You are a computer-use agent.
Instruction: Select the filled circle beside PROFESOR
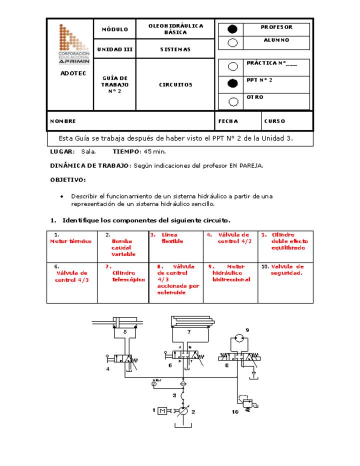(x=232, y=29)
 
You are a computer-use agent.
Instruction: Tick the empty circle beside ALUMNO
(x=232, y=42)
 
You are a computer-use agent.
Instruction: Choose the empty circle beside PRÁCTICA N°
(x=232, y=66)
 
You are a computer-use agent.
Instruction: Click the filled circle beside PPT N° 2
(x=232, y=83)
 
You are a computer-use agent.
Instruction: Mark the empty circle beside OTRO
(x=232, y=101)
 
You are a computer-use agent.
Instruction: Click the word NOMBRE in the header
(x=63, y=121)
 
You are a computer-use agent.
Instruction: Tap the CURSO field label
(x=275, y=121)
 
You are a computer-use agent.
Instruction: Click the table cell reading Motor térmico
(x=71, y=241)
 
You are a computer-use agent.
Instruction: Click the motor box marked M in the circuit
(x=162, y=411)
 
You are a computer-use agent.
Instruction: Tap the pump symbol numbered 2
(x=182, y=411)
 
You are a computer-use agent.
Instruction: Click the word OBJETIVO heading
(x=67, y=179)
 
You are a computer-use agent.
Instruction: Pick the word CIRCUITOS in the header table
(x=175, y=85)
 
